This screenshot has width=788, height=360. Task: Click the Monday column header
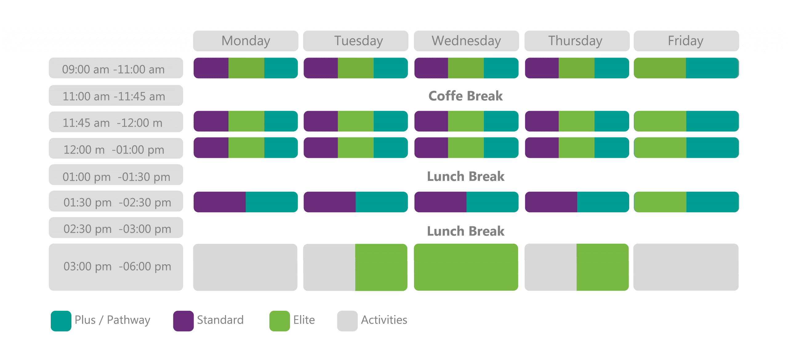pyautogui.click(x=246, y=41)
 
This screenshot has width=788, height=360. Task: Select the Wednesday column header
pyautogui.click(x=466, y=41)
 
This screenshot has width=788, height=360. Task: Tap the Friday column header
pyautogui.click(x=686, y=41)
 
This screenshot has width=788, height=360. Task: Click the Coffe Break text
pyautogui.click(x=466, y=96)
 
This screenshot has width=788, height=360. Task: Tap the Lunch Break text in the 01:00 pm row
pyautogui.click(x=466, y=177)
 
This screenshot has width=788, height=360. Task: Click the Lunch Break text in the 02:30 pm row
pyautogui.click(x=466, y=231)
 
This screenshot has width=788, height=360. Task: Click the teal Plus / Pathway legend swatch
pyautogui.click(x=61, y=321)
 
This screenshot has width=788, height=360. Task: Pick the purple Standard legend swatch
pyautogui.click(x=183, y=321)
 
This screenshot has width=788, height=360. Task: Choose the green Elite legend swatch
pyautogui.click(x=279, y=321)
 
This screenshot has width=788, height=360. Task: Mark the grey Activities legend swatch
pyautogui.click(x=347, y=321)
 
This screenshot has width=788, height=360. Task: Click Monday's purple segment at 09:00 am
pyautogui.click(x=211, y=68)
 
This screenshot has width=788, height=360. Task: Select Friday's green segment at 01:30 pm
pyautogui.click(x=660, y=202)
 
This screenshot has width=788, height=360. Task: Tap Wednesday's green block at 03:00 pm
pyautogui.click(x=466, y=267)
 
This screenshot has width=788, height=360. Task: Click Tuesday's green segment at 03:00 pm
pyautogui.click(x=381, y=267)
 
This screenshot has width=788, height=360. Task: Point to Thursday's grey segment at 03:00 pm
pyautogui.click(x=551, y=267)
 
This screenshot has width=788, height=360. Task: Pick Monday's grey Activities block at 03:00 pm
pyautogui.click(x=245, y=267)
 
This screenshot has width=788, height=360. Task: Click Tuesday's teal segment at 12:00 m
pyautogui.click(x=391, y=148)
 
